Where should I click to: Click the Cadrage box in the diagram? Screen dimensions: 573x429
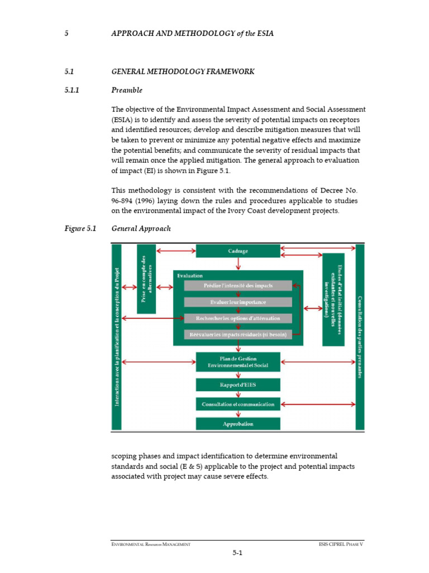tap(238, 251)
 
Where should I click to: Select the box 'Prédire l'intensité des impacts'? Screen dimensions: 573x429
tap(238, 286)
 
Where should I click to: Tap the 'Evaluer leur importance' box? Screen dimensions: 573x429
tap(238, 302)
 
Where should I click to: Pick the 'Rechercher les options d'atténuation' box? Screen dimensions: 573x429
tap(238, 318)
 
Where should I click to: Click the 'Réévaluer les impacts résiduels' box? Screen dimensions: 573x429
tap(238, 335)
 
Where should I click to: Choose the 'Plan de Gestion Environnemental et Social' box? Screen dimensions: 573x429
tap(238, 361)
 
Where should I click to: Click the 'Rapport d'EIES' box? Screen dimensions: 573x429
tap(238, 385)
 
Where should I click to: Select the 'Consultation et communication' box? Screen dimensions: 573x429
tap(238, 404)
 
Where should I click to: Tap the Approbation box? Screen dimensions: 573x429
tap(238, 424)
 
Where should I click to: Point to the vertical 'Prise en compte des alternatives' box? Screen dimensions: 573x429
tap(146, 279)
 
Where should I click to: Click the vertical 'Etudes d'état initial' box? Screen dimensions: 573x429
tap(333, 299)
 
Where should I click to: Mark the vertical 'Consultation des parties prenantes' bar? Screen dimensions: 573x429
tap(360, 336)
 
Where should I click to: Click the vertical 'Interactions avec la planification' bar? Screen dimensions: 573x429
tap(117, 336)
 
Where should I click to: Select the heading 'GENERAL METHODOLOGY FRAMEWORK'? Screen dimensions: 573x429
tap(183, 72)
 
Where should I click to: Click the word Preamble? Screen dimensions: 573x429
tap(127, 90)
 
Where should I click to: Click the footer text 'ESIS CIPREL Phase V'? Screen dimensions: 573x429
tap(341, 544)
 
